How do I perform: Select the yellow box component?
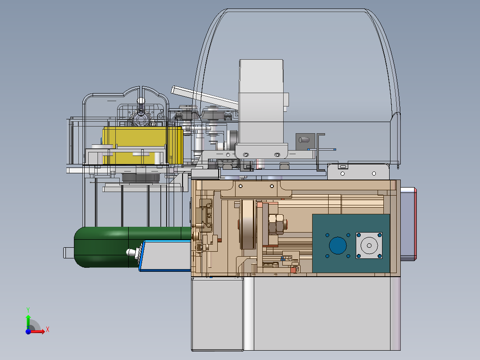pos(142,145)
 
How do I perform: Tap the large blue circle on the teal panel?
pos(338,245)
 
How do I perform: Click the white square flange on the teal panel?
pos(369,245)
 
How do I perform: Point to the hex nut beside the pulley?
pos(276,224)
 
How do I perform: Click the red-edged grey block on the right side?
pos(408,224)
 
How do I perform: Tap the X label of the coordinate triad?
pos(48,330)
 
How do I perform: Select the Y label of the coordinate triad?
pos(28,310)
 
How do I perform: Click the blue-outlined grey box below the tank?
pos(165,256)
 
